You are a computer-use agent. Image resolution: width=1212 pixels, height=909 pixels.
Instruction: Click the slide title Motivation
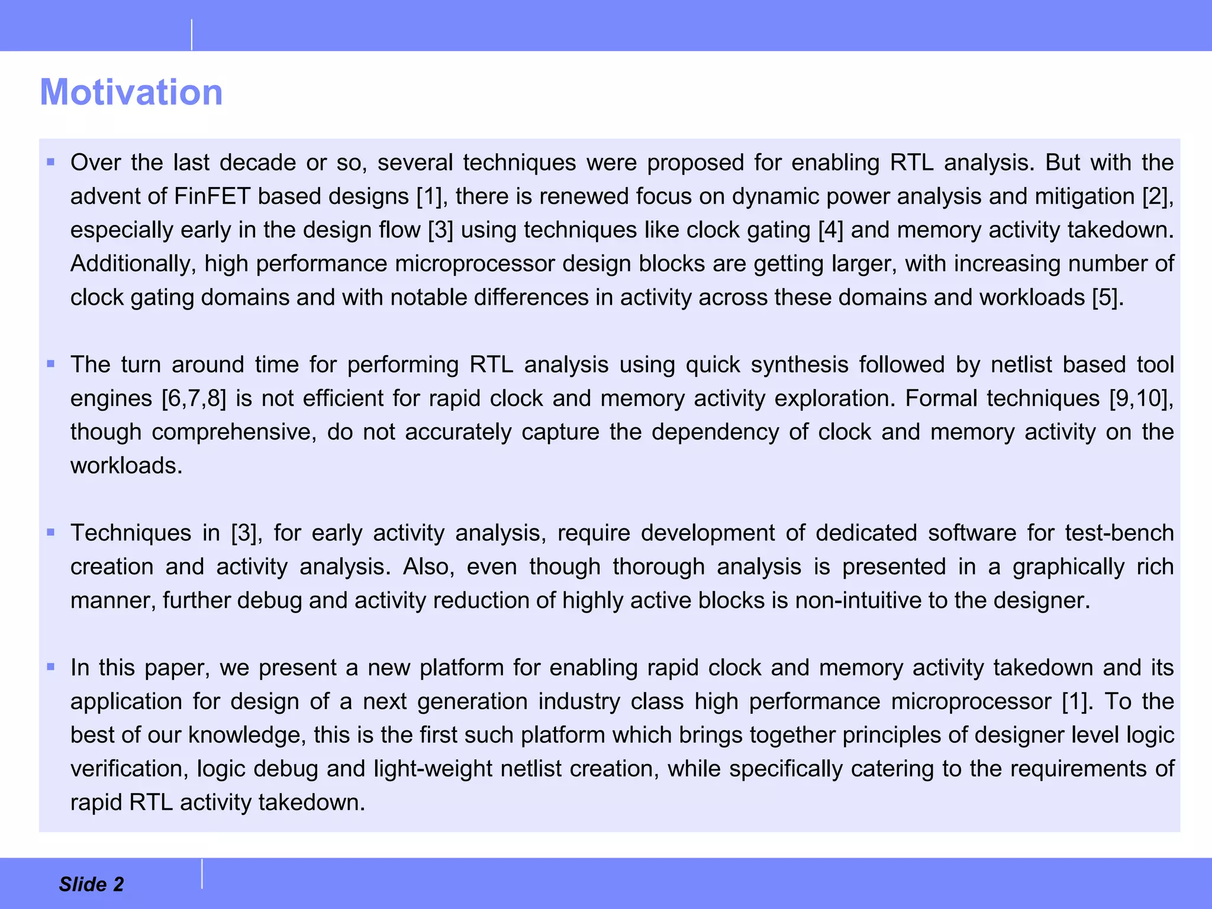[131, 92]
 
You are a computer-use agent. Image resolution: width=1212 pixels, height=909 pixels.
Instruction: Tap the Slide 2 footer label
[91, 884]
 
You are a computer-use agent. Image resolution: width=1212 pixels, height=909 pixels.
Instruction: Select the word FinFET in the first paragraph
[212, 196]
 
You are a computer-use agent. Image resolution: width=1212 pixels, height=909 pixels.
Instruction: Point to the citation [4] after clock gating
[830, 230]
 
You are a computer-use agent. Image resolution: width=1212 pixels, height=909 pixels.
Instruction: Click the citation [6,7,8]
[194, 398]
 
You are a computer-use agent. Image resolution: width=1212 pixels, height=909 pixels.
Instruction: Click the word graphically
[1068, 567]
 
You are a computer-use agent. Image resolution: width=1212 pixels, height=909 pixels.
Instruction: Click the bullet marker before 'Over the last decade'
[51, 162]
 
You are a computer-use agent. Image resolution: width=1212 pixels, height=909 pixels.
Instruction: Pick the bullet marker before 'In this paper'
[51, 667]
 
